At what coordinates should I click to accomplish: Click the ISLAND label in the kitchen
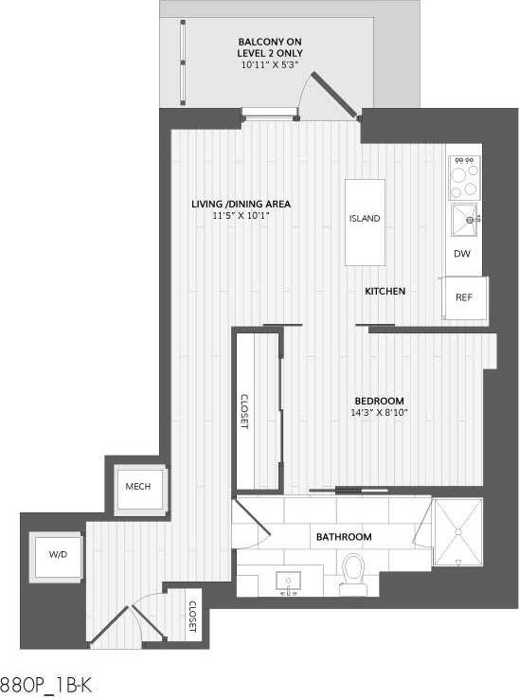365,219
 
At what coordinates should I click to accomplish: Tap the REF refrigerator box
464,297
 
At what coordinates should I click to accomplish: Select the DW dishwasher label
462,254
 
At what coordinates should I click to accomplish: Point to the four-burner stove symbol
464,173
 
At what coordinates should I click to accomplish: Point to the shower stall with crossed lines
456,532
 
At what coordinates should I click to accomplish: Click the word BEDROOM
379,401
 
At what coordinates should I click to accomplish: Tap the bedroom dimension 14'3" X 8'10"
379,413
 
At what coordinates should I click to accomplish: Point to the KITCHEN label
385,292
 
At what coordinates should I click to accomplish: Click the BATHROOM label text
344,537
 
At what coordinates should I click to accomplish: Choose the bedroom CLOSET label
243,412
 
